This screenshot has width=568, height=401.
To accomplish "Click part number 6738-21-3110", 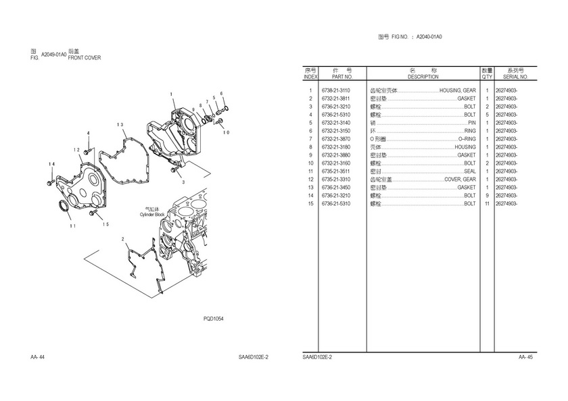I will (335, 90).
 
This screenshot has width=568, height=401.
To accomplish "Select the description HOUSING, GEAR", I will (457, 90).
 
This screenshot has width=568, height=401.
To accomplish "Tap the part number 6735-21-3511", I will (335, 171).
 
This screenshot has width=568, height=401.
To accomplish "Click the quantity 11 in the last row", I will (487, 204).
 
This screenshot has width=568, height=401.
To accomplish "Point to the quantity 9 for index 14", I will (487, 196).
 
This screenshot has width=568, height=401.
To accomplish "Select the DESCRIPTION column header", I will (423, 78).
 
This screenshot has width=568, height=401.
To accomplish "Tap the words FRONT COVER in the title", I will (85, 58).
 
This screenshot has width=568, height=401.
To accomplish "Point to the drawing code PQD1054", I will (214, 318).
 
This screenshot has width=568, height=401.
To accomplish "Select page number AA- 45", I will (525, 356).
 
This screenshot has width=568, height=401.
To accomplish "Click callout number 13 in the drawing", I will (119, 125).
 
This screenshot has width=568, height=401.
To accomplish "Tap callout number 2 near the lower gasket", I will (123, 239).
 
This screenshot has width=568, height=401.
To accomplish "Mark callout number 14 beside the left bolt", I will (51, 164).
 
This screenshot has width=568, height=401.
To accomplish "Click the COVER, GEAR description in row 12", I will (460, 180).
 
